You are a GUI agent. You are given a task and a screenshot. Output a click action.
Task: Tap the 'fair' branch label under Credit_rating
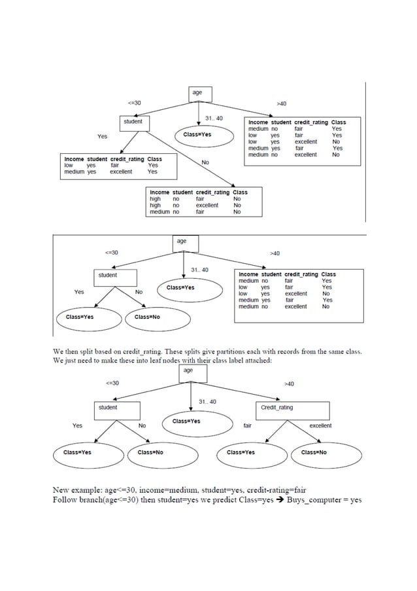248,425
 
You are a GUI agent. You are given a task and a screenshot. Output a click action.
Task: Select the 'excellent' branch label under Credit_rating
320,425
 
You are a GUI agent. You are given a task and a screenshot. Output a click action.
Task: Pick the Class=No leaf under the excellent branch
314,452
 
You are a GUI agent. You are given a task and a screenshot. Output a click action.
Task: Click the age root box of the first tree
197,94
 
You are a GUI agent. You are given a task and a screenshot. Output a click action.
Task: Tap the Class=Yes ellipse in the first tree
197,135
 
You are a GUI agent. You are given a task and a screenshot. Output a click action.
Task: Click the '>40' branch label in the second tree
275,253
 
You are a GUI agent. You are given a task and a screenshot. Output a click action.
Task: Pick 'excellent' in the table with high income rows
207,206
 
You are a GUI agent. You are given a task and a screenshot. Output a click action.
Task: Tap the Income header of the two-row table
74,159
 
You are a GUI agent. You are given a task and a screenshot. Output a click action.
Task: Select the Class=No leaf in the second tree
147,317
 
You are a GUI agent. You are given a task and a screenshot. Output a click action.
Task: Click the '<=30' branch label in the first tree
134,103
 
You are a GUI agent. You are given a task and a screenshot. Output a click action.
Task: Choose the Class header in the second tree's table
329,275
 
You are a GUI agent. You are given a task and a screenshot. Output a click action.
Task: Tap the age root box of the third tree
188,372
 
